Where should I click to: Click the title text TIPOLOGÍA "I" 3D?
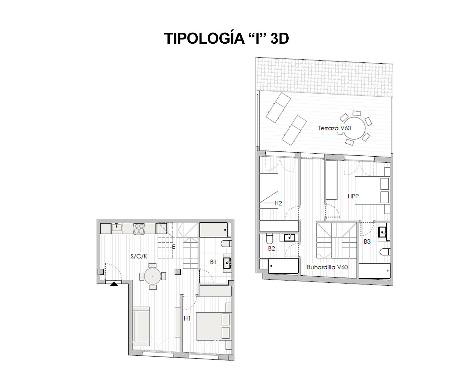[x=226, y=38]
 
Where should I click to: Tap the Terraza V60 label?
[x=334, y=128]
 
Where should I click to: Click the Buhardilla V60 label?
[x=327, y=267]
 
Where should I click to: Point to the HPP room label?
[x=353, y=196]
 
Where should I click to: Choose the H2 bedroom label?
[x=278, y=203]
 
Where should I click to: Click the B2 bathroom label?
[x=271, y=248]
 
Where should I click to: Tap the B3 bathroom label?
[x=367, y=241]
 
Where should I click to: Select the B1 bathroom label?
[x=213, y=262]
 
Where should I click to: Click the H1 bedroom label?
[x=187, y=318]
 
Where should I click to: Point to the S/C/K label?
[x=139, y=256]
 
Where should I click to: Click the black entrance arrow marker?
[x=114, y=284]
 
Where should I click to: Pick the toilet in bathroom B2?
[x=269, y=239]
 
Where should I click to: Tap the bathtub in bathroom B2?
[x=283, y=266]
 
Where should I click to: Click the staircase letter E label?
[x=173, y=247]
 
